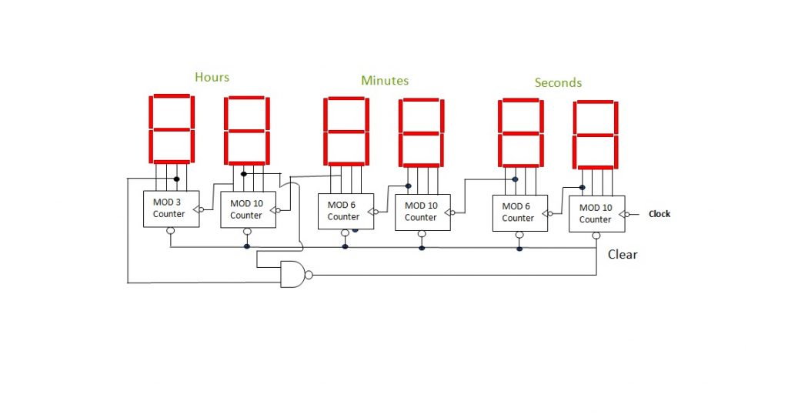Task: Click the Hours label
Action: tap(212, 77)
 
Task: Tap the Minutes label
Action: tap(385, 80)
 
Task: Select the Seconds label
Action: tap(558, 82)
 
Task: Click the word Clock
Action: tap(659, 214)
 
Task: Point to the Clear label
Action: tap(623, 254)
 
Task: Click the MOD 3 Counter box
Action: tap(171, 209)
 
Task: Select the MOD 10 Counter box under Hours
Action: tap(246, 209)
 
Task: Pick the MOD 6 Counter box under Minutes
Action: tap(346, 211)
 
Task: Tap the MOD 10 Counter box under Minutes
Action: tap(422, 212)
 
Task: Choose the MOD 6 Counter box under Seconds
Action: tap(519, 212)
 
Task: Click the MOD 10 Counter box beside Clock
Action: tap(596, 213)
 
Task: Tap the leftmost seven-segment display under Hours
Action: tap(172, 129)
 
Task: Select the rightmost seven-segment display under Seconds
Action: tap(595, 135)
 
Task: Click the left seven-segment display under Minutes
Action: tap(345, 131)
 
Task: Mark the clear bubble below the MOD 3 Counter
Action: tap(171, 231)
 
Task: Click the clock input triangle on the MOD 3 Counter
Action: tap(199, 209)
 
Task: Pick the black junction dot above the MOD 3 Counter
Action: tap(176, 179)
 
